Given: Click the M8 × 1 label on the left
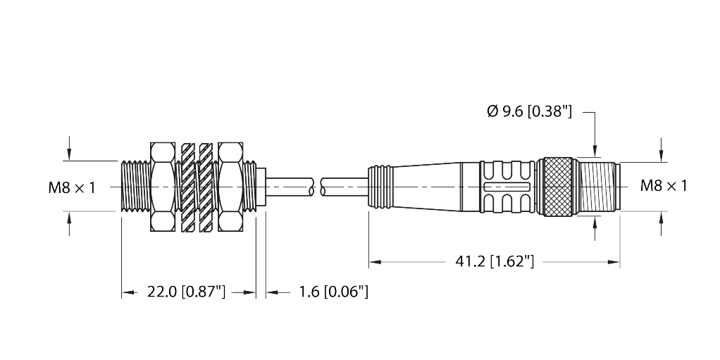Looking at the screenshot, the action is pyautogui.click(x=72, y=187).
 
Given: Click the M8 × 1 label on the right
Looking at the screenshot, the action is pyautogui.click(x=664, y=186).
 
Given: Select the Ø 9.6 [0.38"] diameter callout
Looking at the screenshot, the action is pyautogui.click(x=530, y=111).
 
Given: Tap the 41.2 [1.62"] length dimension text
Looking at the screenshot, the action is pyautogui.click(x=495, y=262).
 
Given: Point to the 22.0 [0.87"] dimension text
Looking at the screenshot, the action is pyautogui.click(x=187, y=292).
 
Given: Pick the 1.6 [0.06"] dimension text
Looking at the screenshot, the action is pyautogui.click(x=334, y=292).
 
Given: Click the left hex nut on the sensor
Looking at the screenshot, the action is pyautogui.click(x=163, y=187).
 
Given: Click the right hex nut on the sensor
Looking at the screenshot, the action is pyautogui.click(x=230, y=187).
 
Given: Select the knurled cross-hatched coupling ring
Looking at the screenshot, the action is pyautogui.click(x=558, y=187).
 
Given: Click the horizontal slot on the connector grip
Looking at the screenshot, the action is pyautogui.click(x=507, y=187).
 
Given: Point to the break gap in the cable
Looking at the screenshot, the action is pyautogui.click(x=317, y=187).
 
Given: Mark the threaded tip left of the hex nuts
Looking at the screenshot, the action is pyautogui.click(x=136, y=187).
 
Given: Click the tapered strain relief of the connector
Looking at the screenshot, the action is pyautogui.click(x=426, y=187).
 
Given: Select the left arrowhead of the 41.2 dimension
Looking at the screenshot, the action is pyautogui.click(x=375, y=262).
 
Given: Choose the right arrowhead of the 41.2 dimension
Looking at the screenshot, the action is pyautogui.click(x=614, y=262).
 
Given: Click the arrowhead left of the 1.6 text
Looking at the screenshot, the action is pyautogui.click(x=272, y=292).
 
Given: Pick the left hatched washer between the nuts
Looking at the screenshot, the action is pyautogui.click(x=188, y=187).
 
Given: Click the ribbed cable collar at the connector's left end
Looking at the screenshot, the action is pyautogui.click(x=380, y=187).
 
